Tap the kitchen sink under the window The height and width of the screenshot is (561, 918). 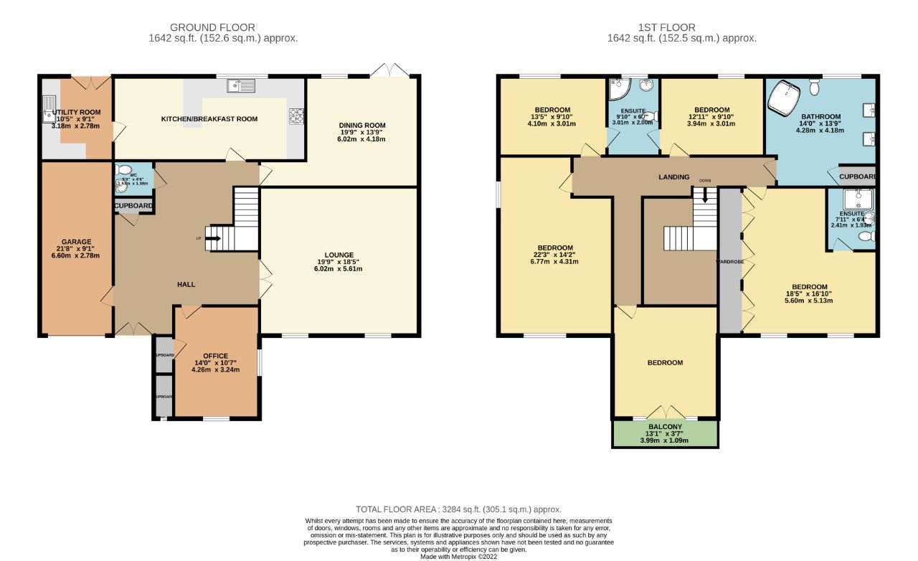click(x=241, y=86)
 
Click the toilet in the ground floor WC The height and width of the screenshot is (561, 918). click(x=120, y=171)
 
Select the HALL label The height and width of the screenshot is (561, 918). click(x=186, y=285)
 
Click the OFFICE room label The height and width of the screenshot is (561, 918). click(x=215, y=356)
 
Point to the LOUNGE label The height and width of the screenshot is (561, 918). click(x=339, y=255)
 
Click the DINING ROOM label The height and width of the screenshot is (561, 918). click(x=362, y=126)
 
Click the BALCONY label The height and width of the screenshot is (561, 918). click(x=665, y=427)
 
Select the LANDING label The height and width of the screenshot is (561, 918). click(x=673, y=177)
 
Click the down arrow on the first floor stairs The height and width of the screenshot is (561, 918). click(x=706, y=194)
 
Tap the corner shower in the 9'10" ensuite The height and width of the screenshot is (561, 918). click(x=617, y=88)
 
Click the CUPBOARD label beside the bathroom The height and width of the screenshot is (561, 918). click(x=856, y=176)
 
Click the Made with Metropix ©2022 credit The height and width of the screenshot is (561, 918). click(x=458, y=556)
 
